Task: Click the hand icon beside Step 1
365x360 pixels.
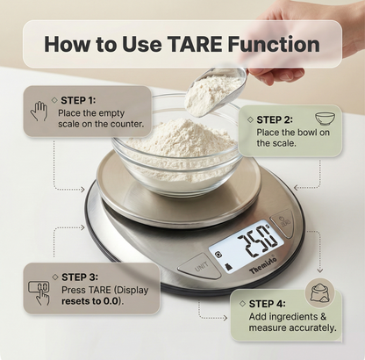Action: (39, 111)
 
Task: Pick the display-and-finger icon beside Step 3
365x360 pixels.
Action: (39, 290)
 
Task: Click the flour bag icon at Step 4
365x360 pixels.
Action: (318, 292)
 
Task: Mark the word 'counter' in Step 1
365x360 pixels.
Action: (117, 126)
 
